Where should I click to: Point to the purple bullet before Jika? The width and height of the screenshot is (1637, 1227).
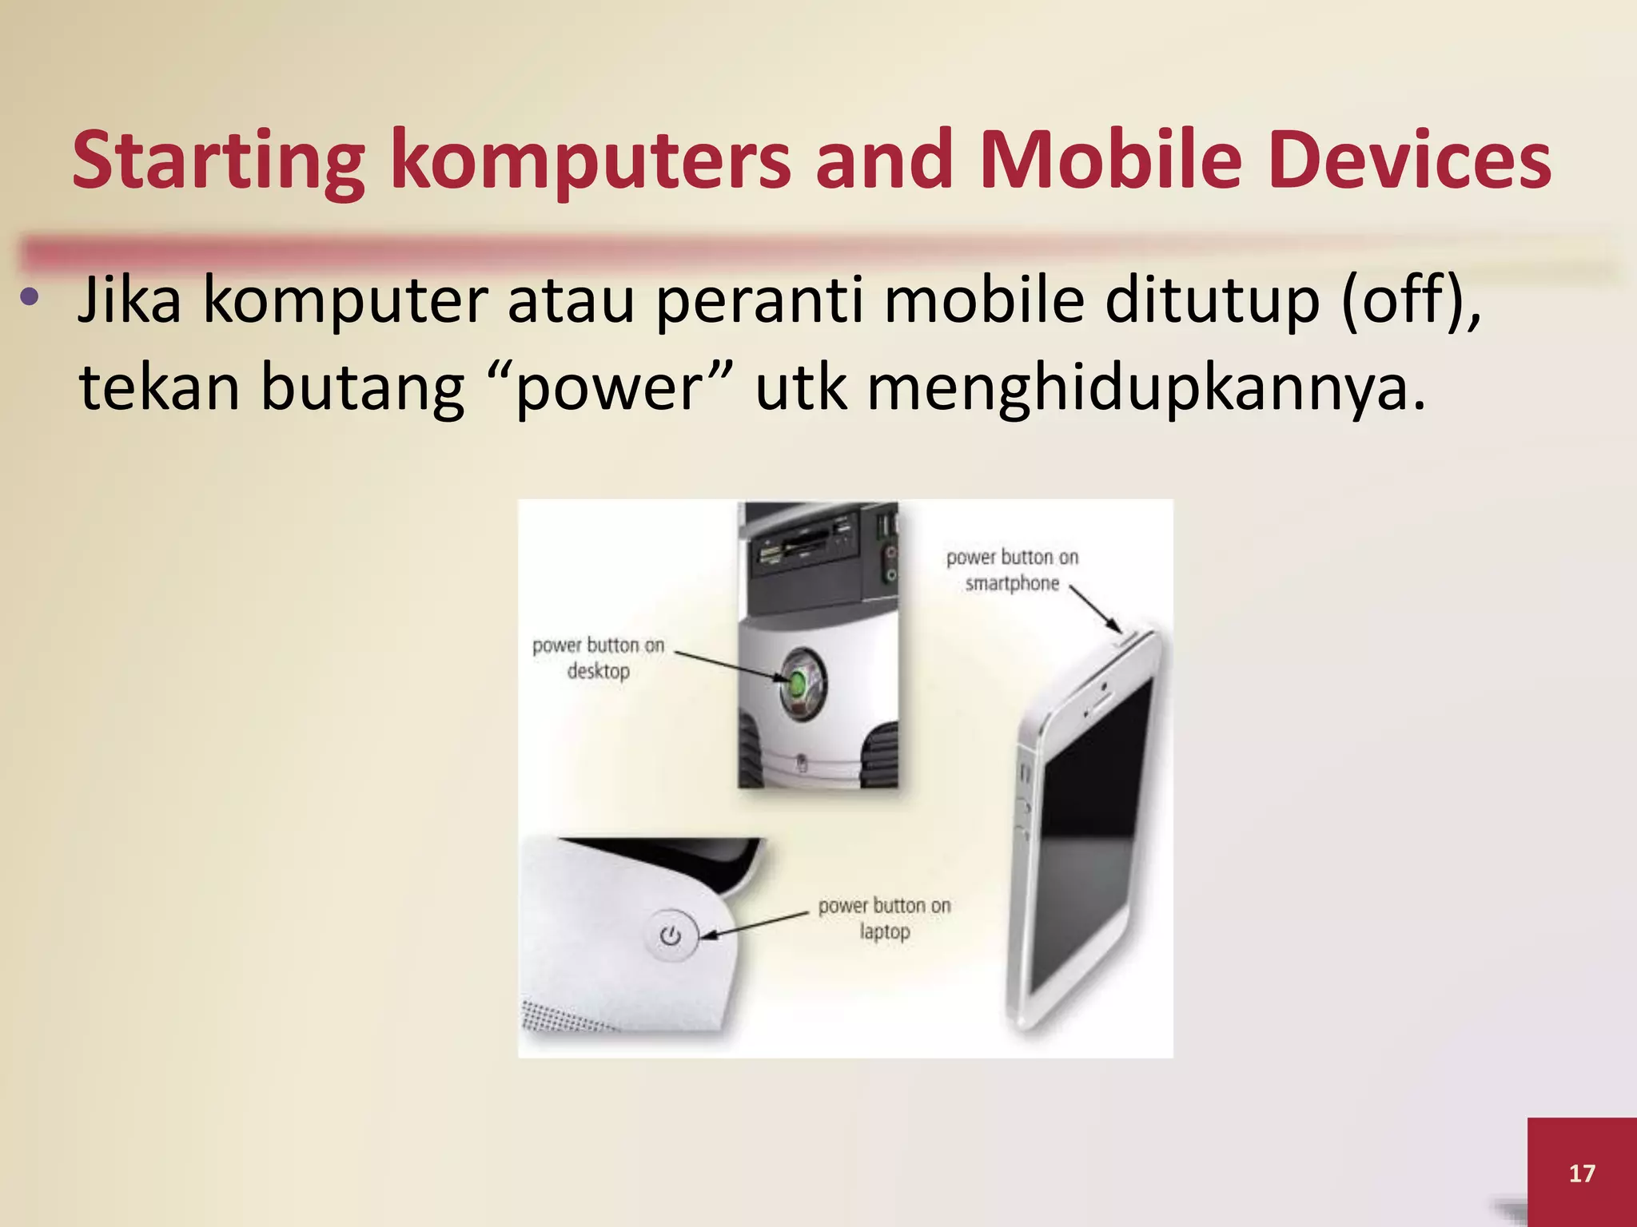(30, 298)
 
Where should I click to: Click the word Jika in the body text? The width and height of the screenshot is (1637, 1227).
(129, 300)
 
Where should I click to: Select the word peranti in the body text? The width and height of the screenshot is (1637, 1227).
(759, 300)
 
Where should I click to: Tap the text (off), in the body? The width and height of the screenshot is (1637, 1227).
(1411, 300)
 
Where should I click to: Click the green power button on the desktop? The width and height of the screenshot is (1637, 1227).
(798, 683)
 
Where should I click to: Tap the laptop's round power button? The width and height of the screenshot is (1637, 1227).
(671, 935)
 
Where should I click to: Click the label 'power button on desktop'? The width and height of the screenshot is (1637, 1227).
(598, 657)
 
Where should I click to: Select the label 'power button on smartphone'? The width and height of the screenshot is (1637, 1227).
(1012, 570)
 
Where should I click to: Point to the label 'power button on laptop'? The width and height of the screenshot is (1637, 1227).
(884, 918)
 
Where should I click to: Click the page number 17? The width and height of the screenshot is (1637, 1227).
(1582, 1173)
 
